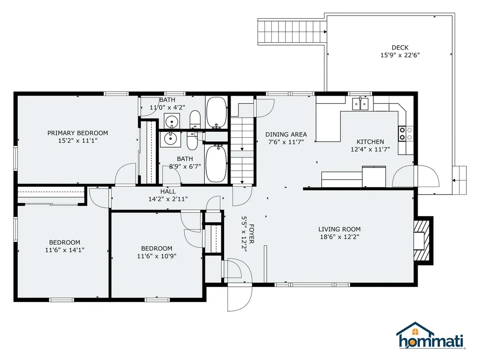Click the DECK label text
coord(400,47)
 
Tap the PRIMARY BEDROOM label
coord(78,133)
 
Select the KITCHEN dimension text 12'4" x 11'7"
coord(370,150)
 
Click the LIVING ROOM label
coord(339,229)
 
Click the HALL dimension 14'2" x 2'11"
coord(168,199)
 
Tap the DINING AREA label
coord(286,135)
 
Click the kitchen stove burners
coord(405,134)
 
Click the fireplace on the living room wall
coord(421,240)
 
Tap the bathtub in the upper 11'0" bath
coord(217,112)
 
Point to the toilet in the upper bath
coord(195,119)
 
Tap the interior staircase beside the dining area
coord(243,150)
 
